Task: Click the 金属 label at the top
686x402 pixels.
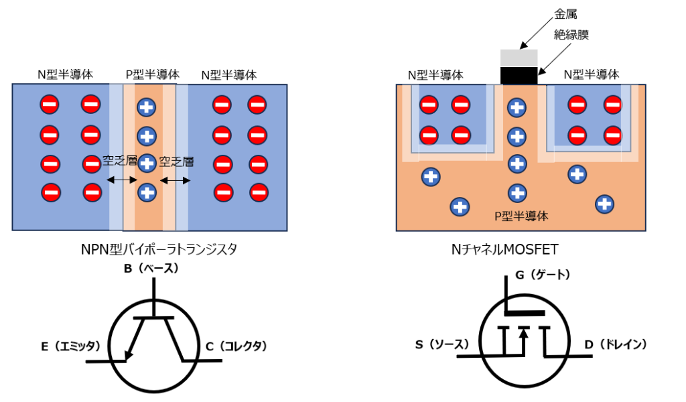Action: pos(565,13)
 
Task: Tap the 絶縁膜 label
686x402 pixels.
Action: pos(571,34)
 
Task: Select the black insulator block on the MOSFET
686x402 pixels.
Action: pos(519,75)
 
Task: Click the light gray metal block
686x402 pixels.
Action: pos(519,58)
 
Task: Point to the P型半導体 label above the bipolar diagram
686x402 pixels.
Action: pos(153,75)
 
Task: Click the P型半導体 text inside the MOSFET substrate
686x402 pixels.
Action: pos(521,216)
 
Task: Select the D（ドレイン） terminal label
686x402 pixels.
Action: pos(615,344)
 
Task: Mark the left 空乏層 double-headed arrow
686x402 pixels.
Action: pos(122,180)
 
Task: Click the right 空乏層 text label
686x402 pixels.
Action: pos(178,161)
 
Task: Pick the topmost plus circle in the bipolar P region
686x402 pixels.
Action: pos(146,107)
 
